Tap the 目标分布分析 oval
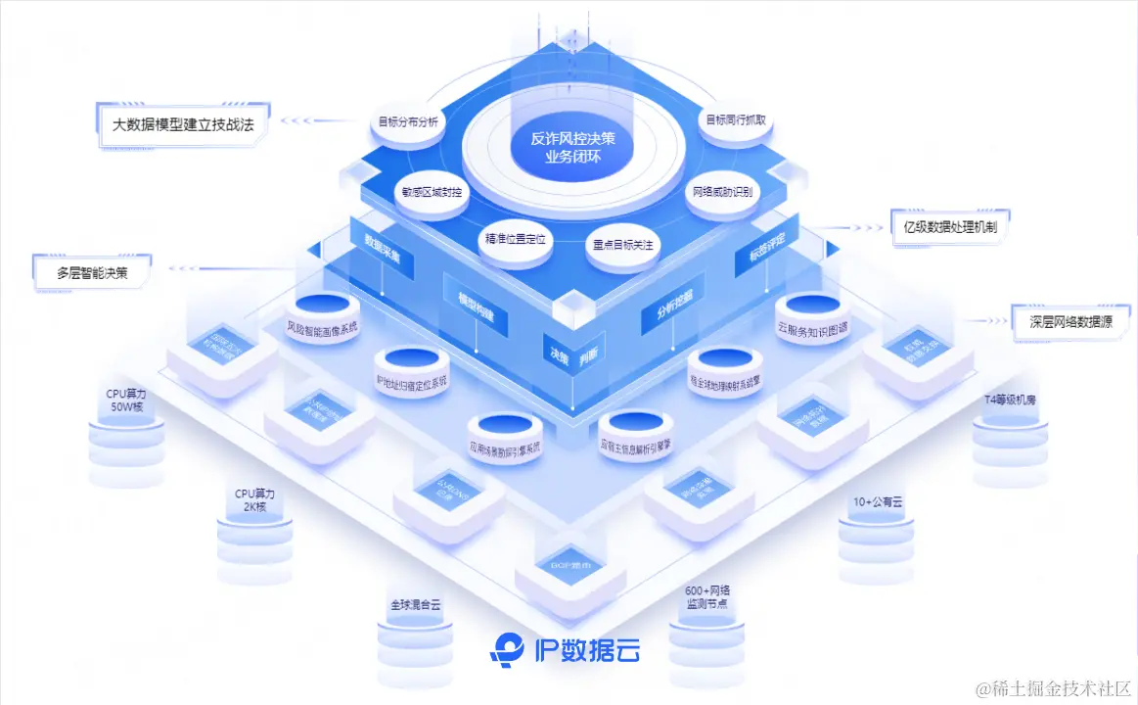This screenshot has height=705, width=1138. [409, 124]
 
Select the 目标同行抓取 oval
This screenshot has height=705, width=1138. [736, 119]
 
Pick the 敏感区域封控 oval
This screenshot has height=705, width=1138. [431, 193]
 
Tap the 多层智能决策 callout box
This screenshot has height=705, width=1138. [92, 272]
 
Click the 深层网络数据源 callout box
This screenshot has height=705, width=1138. [1070, 319]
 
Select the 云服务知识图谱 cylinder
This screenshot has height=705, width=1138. [813, 320]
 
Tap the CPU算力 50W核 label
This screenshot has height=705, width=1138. [127, 399]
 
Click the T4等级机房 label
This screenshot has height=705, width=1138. [1010, 399]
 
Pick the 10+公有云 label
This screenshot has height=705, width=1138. [876, 501]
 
